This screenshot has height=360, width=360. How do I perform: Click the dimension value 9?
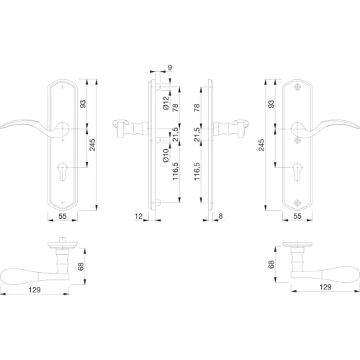tap(170, 68)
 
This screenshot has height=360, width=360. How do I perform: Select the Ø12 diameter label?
tap(166, 103)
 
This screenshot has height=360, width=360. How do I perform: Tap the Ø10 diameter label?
tap(166, 156)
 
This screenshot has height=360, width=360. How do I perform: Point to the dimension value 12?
tap(138, 216)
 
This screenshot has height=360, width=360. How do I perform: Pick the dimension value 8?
tap(220, 216)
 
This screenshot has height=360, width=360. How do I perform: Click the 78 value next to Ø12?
tap(176, 107)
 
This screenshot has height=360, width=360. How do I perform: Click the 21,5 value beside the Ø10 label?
tap(176, 135)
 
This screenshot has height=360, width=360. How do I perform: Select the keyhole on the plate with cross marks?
tap(63, 171)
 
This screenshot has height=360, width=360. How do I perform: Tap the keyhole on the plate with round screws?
tap(297, 171)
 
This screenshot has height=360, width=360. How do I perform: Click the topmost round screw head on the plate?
tap(297, 87)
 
